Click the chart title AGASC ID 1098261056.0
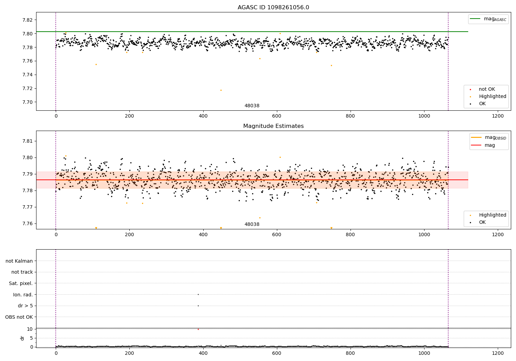pos(273,8)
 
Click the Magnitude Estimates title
pos(273,126)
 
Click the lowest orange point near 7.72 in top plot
pos(221,90)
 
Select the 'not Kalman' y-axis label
pos(19,261)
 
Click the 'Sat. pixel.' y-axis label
pos(21,283)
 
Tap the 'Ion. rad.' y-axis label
pos(23,295)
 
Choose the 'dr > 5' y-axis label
pos(25,306)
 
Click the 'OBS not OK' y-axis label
pos(19,317)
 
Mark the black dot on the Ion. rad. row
pos(198,294)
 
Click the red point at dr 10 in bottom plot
pos(198,329)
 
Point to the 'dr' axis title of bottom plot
pos(22,338)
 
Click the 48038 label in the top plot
pos(252,106)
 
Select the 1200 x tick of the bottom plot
pos(498,353)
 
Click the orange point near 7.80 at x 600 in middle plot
pos(280,157)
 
